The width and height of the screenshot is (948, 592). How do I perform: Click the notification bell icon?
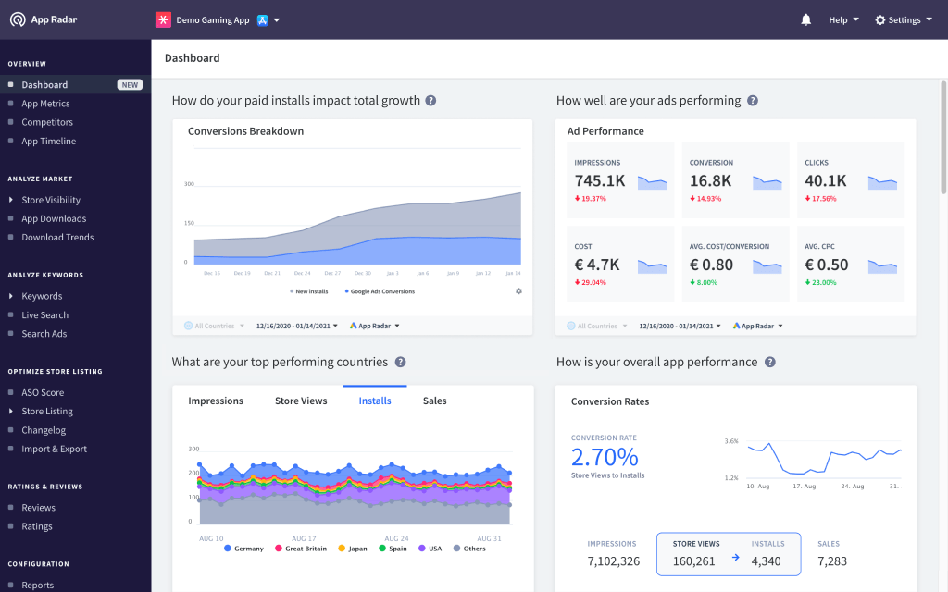806,19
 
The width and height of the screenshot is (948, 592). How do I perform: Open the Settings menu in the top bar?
904,19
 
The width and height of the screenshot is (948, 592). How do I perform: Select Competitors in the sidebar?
47,122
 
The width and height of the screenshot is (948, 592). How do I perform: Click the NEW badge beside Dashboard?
130,85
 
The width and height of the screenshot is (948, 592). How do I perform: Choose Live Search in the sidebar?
45,315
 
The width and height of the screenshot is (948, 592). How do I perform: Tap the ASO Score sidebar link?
43,393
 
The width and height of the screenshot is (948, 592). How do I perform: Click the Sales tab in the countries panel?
435,401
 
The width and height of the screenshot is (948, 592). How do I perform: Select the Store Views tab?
301,401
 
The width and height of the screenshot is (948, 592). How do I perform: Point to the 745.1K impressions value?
600,181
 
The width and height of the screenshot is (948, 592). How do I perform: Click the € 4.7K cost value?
597,265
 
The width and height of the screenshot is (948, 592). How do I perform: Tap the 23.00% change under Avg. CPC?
821,282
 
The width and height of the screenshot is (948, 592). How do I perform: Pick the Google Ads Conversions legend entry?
381,291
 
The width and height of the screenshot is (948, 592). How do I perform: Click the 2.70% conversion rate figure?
605,457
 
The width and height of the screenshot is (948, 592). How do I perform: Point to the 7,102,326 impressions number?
612,561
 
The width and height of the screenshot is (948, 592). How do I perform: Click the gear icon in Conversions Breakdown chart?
518,291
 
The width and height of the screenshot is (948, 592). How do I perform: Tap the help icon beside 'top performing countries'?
400,363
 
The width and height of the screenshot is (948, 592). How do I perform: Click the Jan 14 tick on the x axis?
512,274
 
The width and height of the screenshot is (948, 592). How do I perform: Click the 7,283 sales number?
832,561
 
